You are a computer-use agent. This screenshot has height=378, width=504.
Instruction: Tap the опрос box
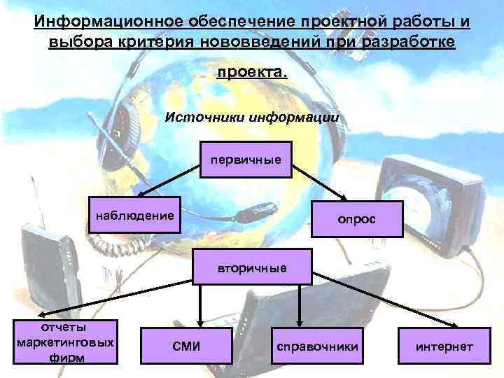click(x=356, y=219)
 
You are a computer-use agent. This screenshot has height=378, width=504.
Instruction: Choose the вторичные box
click(x=241, y=267)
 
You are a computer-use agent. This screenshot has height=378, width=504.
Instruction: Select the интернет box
click(x=444, y=346)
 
